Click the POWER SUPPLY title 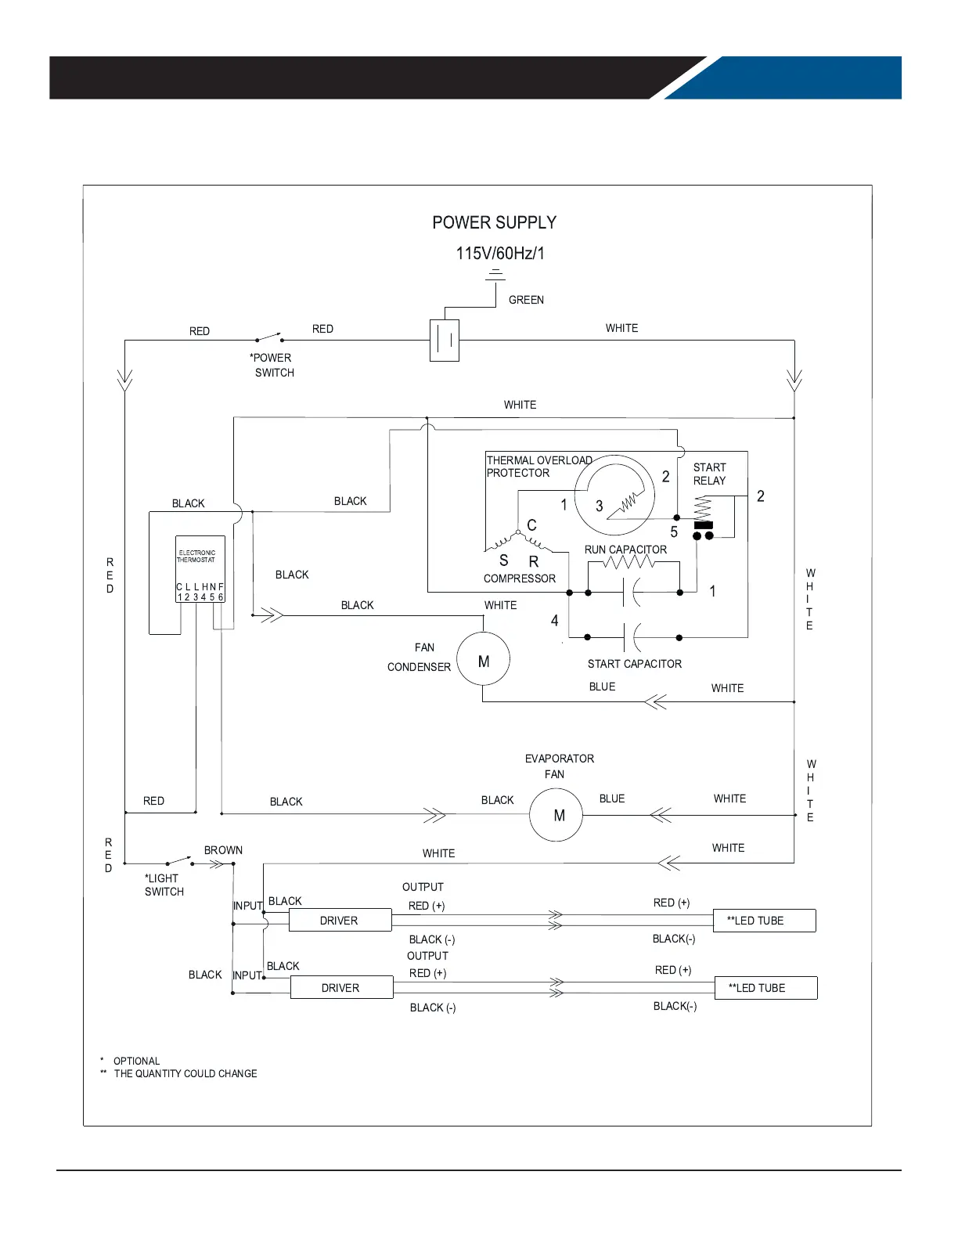(494, 223)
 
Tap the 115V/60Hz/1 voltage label (500, 254)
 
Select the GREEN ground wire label (526, 300)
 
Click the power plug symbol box (445, 341)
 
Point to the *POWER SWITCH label (272, 366)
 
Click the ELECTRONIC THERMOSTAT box (200, 569)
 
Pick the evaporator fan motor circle (556, 815)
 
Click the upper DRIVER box (340, 921)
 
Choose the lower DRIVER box (341, 988)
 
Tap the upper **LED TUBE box (764, 921)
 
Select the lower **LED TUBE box (765, 988)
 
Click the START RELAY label (709, 474)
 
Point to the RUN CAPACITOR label (625, 550)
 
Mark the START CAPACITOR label (634, 664)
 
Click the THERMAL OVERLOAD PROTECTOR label (538, 467)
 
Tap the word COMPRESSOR (519, 579)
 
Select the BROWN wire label (223, 850)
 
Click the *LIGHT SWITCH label (164, 885)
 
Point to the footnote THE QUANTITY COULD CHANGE (185, 1074)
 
